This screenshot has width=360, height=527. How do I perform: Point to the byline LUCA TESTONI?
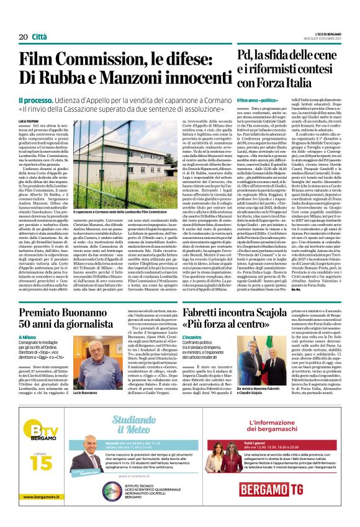click(x=29, y=121)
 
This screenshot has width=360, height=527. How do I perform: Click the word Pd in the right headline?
click(x=246, y=58)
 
